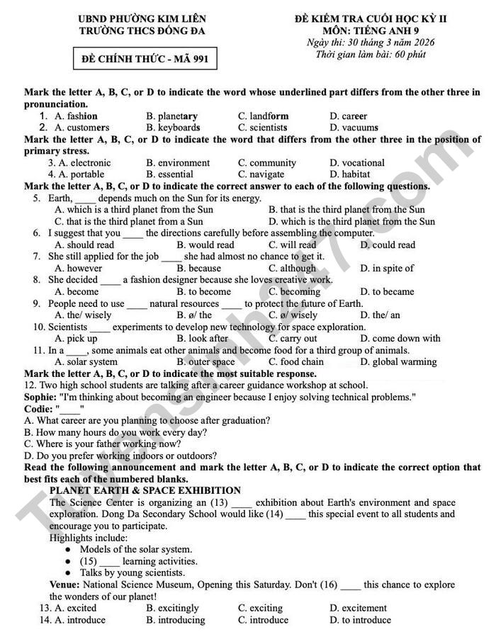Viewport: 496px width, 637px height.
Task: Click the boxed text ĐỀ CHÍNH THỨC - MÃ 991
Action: (145, 59)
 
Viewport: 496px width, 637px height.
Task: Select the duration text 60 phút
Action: (407, 55)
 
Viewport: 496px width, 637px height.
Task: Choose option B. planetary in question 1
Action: (172, 116)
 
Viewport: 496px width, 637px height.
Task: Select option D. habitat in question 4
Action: (350, 174)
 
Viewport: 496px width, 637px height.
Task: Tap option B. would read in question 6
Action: (205, 245)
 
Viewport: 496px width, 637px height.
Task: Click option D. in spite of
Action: (386, 269)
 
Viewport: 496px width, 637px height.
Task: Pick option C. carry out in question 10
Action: (293, 339)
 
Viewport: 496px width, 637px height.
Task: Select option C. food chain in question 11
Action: (296, 362)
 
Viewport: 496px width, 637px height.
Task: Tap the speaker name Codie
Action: (38, 409)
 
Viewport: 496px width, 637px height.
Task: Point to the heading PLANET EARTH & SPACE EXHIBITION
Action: (145, 490)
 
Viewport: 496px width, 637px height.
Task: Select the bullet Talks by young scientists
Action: (133, 573)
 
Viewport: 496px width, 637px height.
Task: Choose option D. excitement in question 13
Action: (359, 608)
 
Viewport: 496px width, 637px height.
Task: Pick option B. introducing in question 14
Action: (176, 620)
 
